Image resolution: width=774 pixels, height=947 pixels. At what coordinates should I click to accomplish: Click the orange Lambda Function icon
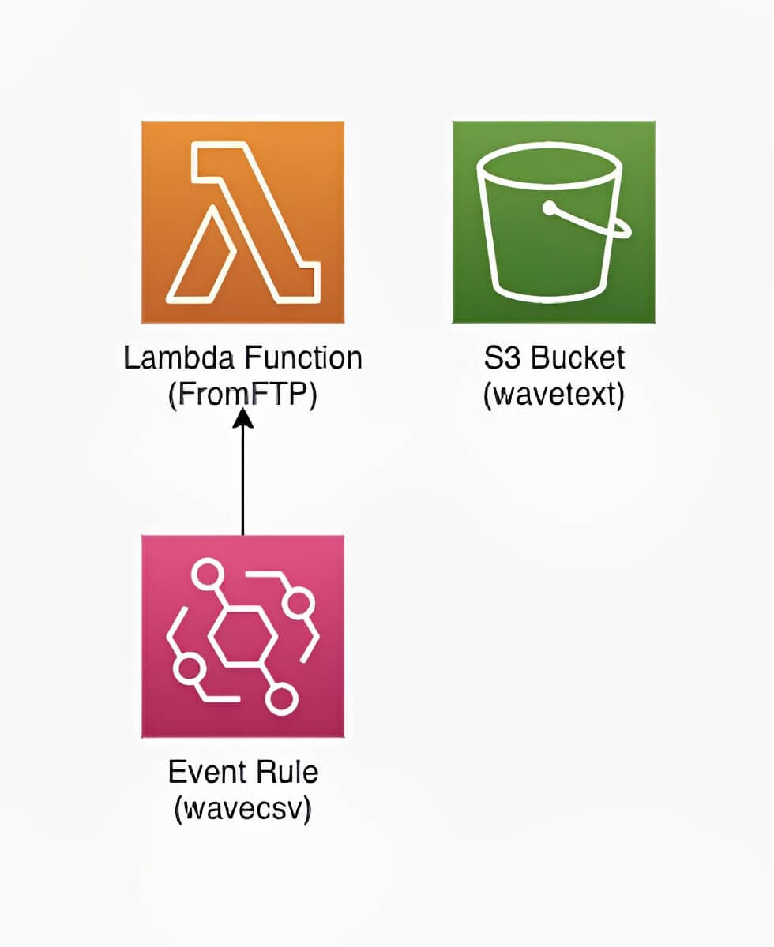coord(242,222)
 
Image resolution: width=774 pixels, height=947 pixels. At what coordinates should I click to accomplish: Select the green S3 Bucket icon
coord(553,222)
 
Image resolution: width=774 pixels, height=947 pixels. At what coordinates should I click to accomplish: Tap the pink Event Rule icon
coord(242,636)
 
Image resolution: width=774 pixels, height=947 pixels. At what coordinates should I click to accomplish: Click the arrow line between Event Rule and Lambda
coord(242,481)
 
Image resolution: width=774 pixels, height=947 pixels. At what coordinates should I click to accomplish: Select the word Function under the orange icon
coord(304,359)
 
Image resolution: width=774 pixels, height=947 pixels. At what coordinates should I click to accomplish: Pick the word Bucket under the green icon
coord(578,359)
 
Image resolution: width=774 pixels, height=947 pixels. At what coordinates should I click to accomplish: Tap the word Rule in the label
coord(287,772)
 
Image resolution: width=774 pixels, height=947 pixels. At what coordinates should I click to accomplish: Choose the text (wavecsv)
coord(242,808)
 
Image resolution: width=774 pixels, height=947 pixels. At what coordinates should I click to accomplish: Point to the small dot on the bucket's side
coord(550,208)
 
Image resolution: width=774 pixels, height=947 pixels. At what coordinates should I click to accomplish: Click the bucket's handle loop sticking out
coord(620,227)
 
